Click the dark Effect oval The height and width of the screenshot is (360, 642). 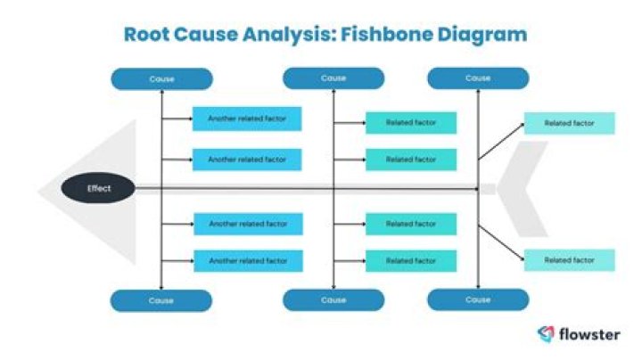pyautogui.click(x=98, y=189)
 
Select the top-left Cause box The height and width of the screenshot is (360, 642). pyautogui.click(x=161, y=79)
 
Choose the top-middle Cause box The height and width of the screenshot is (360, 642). pyautogui.click(x=333, y=78)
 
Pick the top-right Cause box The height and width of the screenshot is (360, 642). pyautogui.click(x=478, y=78)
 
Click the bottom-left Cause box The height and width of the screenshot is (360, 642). pyautogui.click(x=161, y=300)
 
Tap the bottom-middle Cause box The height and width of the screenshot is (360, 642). pyautogui.click(x=333, y=300)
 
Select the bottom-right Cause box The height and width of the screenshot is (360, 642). pyautogui.click(x=478, y=299)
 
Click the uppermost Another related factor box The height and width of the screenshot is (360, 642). pyautogui.click(x=247, y=119)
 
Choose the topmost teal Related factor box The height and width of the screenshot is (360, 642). pyautogui.click(x=411, y=123)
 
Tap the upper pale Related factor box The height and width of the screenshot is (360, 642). pyautogui.click(x=569, y=123)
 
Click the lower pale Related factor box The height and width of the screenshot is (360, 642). pyautogui.click(x=569, y=260)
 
